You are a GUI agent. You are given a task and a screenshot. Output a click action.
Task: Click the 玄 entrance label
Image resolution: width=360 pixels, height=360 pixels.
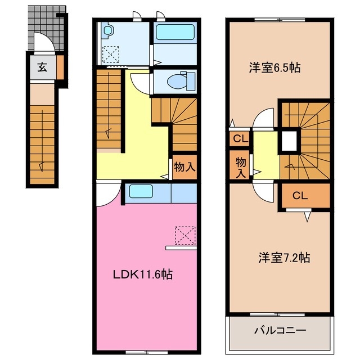coord(42,67)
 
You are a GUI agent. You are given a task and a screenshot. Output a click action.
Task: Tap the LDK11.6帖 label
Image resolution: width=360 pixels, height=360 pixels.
coord(143,275)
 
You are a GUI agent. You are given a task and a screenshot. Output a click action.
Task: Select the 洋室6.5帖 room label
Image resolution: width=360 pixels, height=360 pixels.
coord(274,68)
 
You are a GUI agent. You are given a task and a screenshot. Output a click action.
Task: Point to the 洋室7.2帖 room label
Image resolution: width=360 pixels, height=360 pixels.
coord(284,258)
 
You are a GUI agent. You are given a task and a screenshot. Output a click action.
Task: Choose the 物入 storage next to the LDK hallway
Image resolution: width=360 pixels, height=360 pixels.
coord(184,167)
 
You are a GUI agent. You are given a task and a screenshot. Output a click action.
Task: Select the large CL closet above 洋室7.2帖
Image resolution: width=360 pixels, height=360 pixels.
coord(300,196)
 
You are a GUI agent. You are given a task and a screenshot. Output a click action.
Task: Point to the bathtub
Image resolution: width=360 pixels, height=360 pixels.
coord(174,32)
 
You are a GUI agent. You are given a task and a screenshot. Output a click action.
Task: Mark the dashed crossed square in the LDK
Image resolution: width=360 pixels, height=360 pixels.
coord(186,235)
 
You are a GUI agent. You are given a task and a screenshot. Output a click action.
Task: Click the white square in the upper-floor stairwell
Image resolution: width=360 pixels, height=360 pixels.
coord(289,141)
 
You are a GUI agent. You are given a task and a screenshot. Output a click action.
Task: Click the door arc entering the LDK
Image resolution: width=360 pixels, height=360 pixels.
coord(107,194)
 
